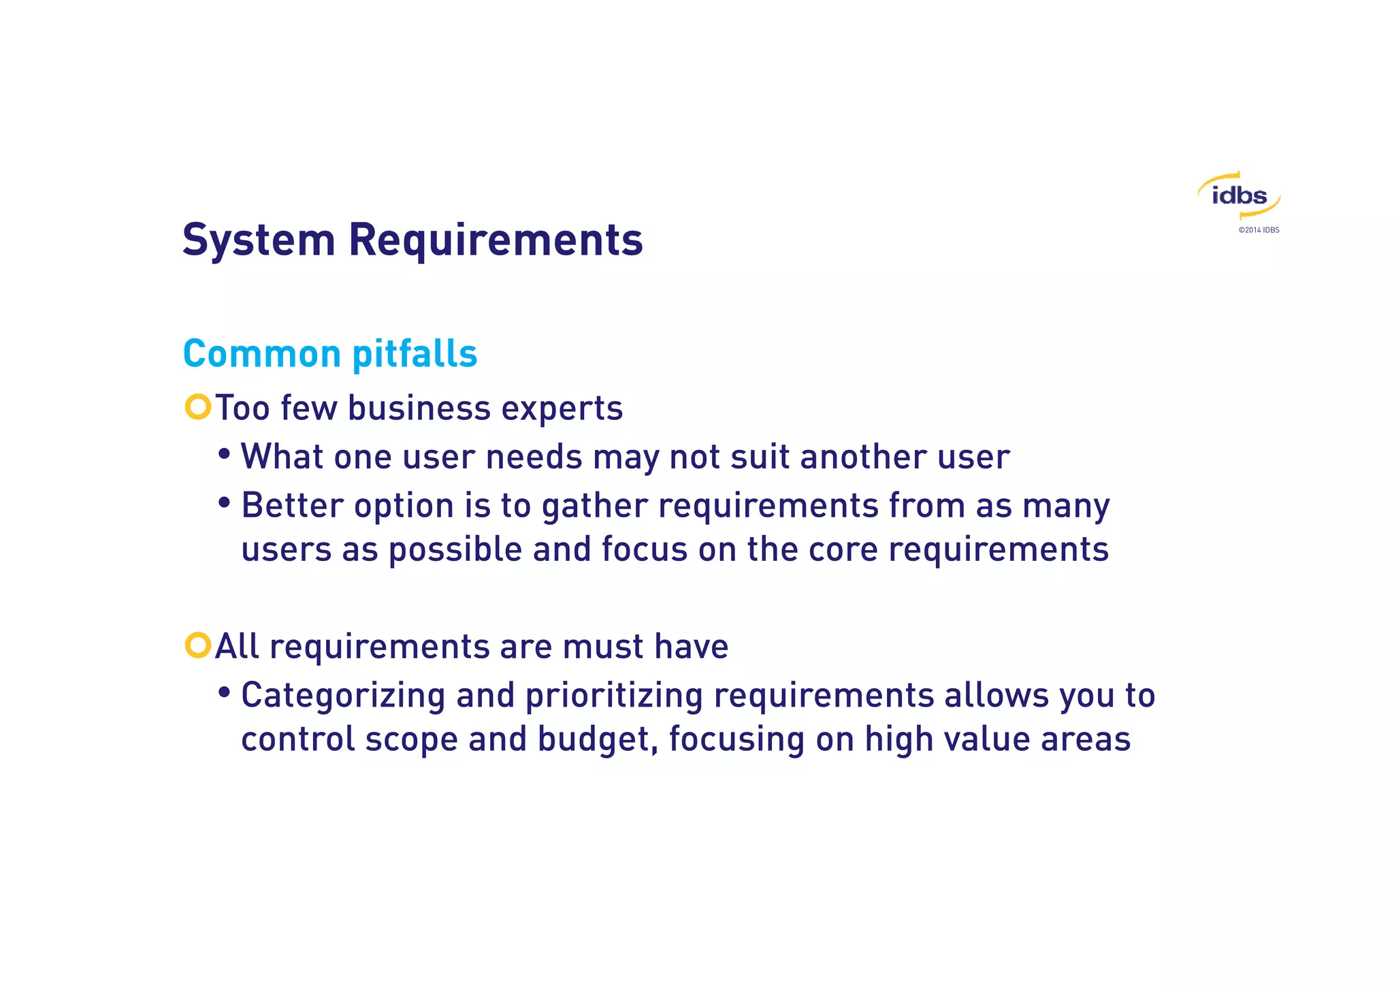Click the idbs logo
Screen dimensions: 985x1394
1239,196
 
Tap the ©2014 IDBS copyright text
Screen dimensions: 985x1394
1259,230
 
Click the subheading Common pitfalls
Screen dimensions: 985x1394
330,354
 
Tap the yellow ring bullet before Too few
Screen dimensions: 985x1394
198,407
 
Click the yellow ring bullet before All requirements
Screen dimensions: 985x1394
198,645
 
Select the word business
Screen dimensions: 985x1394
419,408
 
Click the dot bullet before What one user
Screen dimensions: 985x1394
224,454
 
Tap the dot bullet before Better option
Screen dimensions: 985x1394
224,503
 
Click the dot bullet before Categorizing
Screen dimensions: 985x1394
224,693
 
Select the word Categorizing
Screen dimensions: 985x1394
343,696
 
